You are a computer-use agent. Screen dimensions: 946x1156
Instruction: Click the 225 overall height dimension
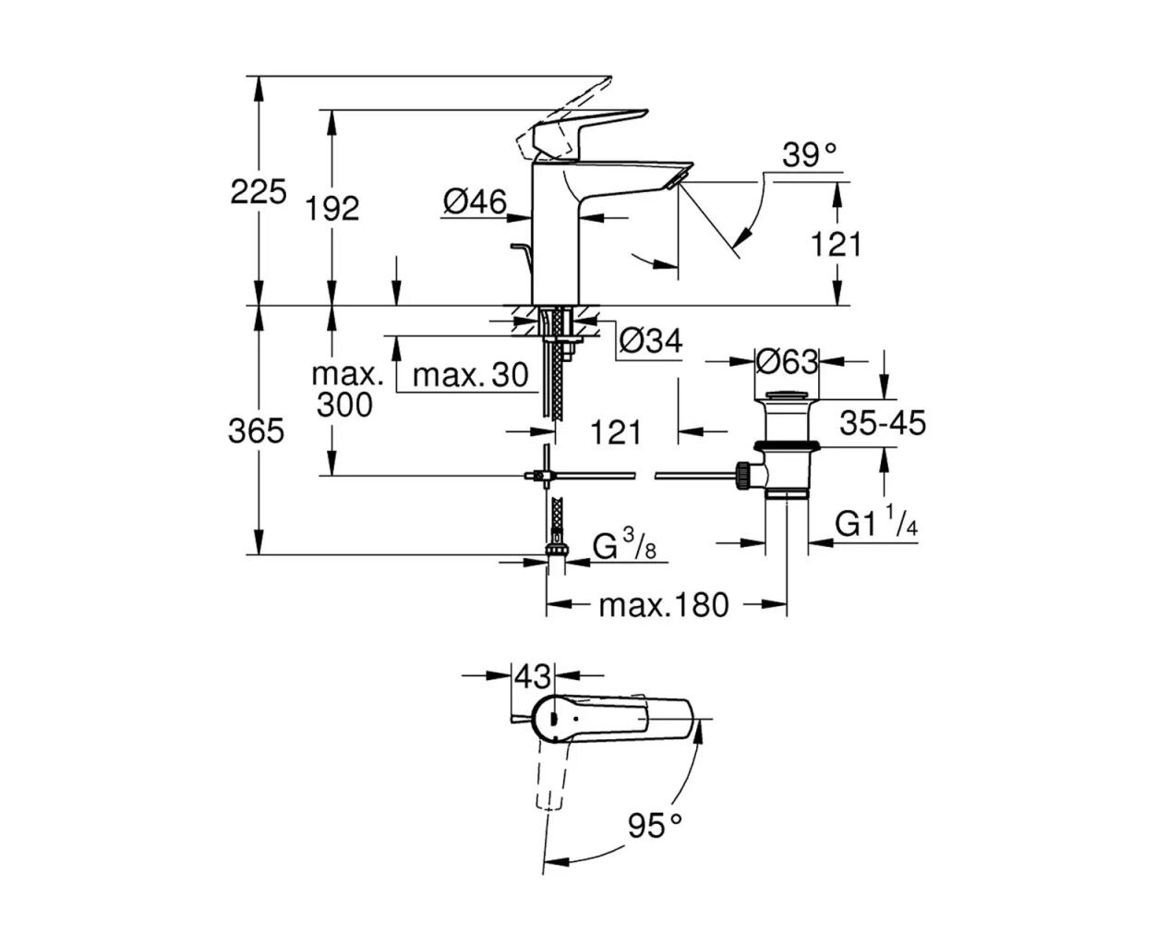coord(258,192)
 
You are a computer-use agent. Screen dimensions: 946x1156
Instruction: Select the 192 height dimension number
coord(332,209)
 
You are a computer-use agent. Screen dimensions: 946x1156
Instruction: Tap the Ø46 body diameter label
coord(474,200)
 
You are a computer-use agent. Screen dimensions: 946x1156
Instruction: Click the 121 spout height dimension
coord(836,244)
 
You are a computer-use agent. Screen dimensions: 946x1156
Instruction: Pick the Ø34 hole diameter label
coord(650,341)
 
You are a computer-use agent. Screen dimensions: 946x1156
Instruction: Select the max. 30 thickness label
coord(470,374)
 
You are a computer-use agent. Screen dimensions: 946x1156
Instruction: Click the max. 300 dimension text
coord(345,389)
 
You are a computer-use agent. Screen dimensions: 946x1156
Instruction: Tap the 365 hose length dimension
coord(256,431)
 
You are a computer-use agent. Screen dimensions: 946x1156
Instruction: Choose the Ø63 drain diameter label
coord(787,361)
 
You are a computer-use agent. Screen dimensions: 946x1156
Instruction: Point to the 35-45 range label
coord(882,423)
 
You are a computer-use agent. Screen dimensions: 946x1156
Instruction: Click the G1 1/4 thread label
coord(875,525)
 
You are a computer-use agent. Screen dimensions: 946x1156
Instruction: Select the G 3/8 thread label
coord(624,547)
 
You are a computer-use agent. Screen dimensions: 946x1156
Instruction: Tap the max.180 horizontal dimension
coord(664,605)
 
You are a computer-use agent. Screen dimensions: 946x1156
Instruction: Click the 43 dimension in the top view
coord(533,676)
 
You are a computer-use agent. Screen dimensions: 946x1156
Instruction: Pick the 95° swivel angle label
coord(655,825)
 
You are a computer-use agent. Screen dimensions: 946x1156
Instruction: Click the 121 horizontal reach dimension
coord(615,431)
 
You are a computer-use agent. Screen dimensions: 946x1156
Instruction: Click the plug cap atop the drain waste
coord(786,397)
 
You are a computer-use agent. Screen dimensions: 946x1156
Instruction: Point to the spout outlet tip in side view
coord(682,176)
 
